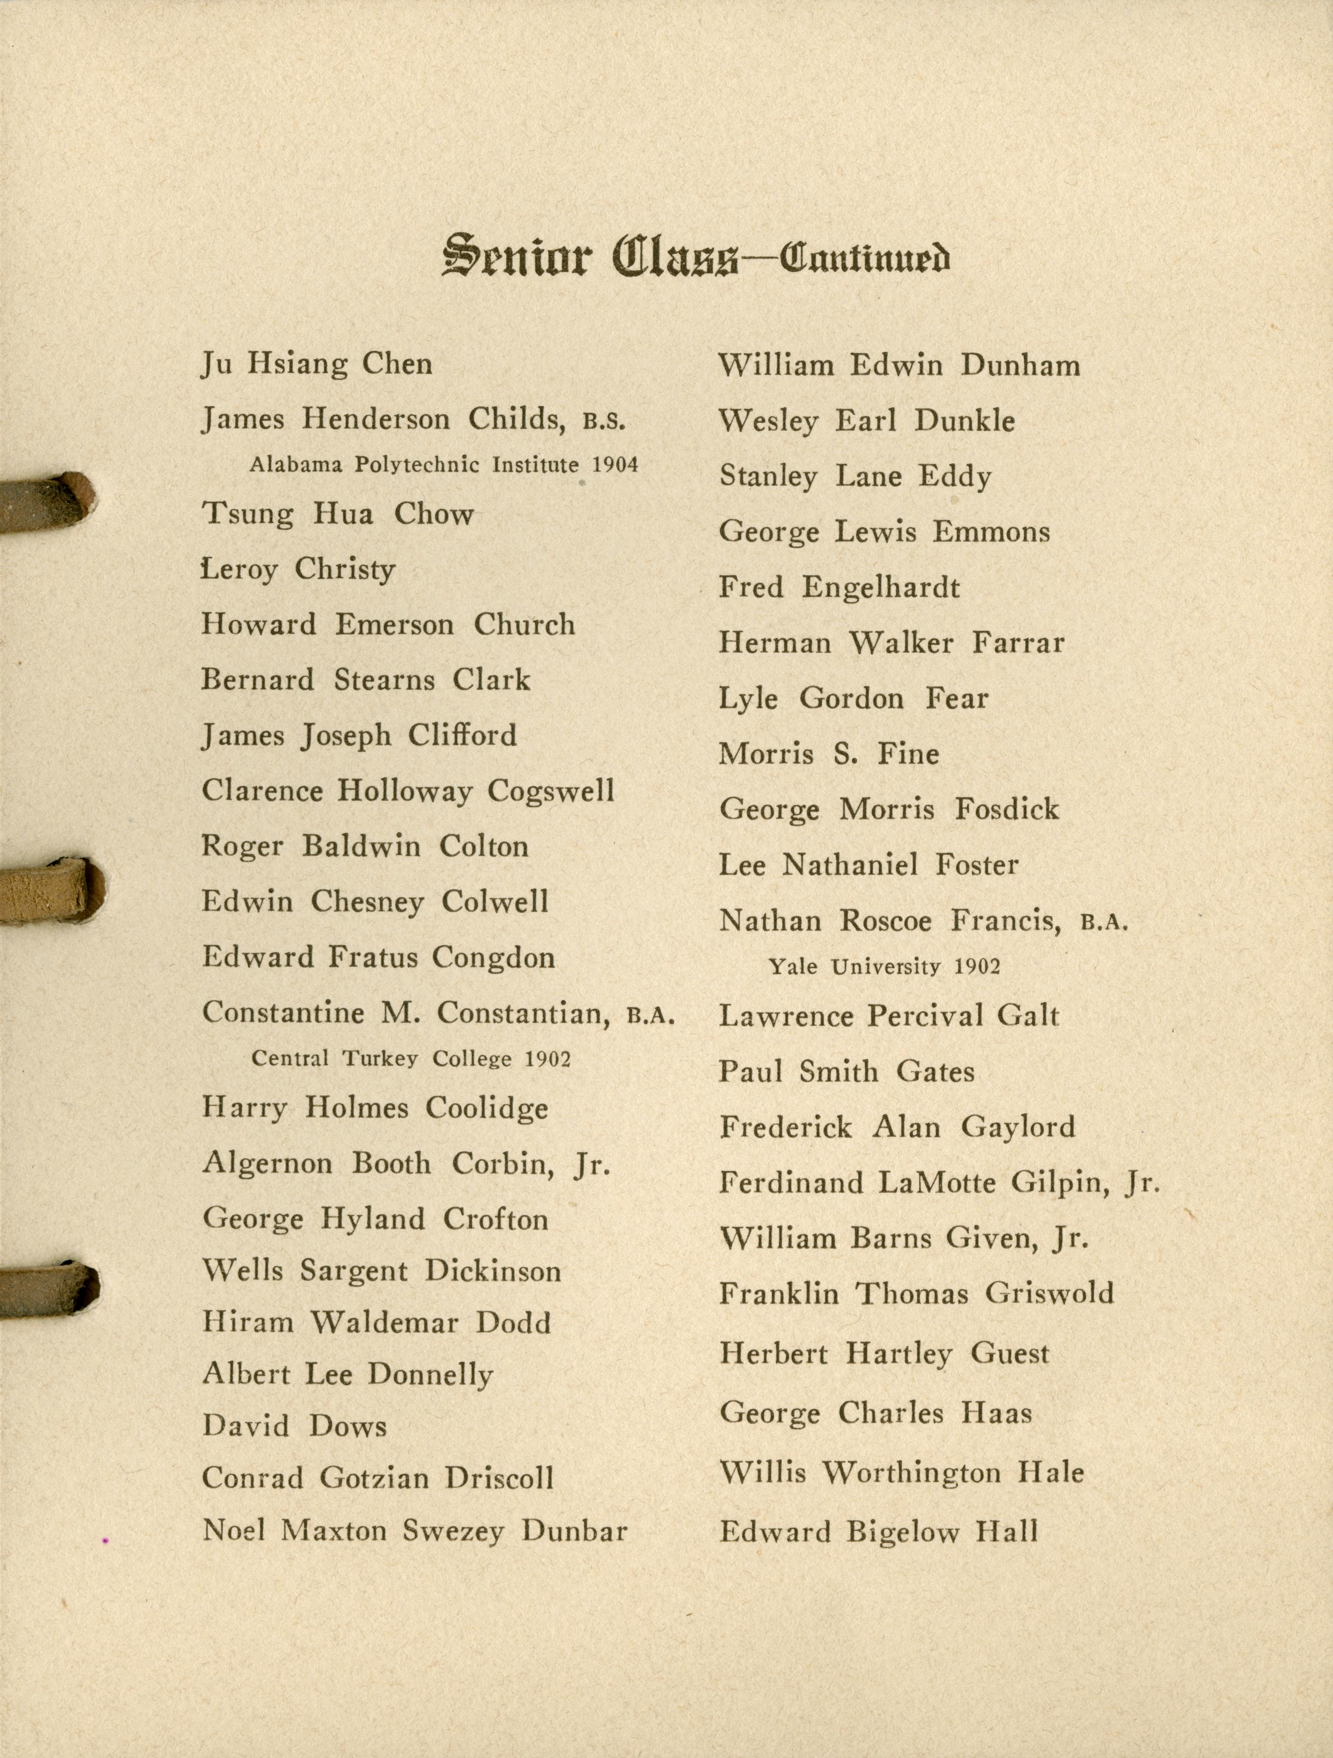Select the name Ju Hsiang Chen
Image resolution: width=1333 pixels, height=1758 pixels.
pyautogui.click(x=317, y=365)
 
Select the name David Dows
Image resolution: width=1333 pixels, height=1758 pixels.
pyautogui.click(x=295, y=1426)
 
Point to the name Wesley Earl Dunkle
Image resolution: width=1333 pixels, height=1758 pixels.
pyautogui.click(x=867, y=421)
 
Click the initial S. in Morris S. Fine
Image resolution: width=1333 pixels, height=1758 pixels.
pyautogui.click(x=845, y=754)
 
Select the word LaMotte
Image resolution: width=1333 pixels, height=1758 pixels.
pyautogui.click(x=937, y=1183)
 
